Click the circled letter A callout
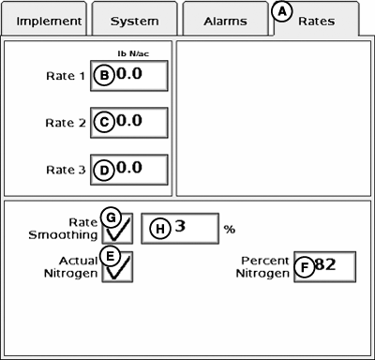282,13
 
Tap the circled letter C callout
104,123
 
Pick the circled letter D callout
104,170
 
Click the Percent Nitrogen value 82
325,265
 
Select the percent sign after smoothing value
228,229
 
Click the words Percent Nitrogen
263,266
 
